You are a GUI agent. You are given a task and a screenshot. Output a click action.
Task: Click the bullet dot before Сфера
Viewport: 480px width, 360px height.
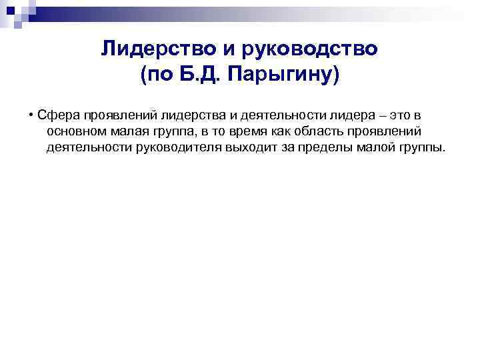coord(31,114)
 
